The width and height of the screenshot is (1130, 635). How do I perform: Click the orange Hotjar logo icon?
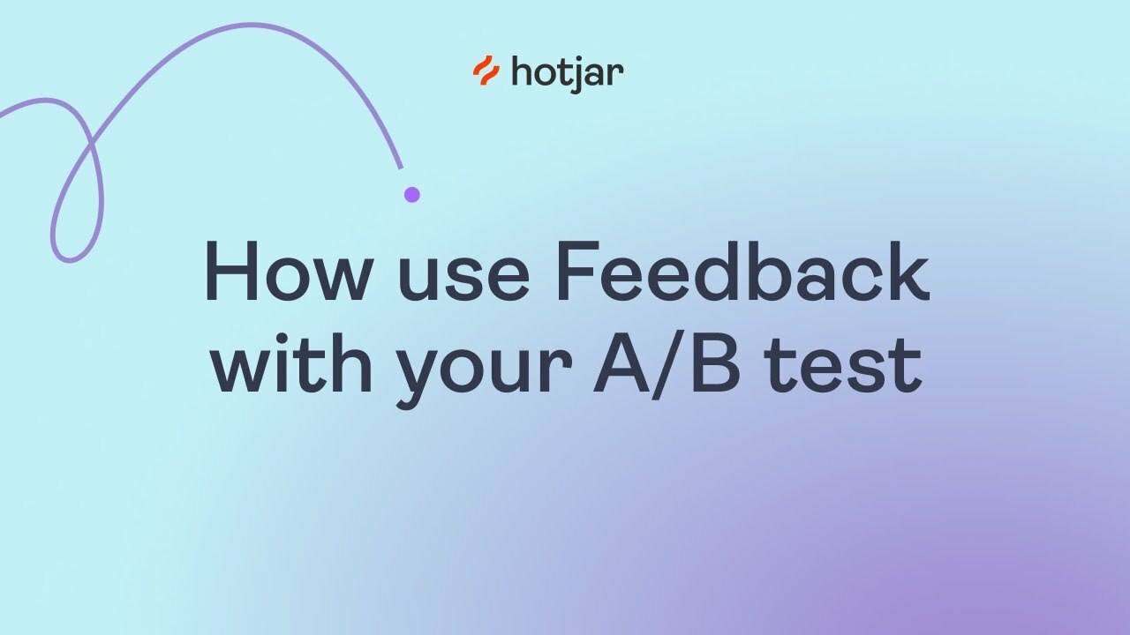point(486,71)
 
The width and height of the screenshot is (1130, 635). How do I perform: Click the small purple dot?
point(411,194)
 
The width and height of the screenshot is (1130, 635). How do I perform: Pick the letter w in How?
point(334,280)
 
